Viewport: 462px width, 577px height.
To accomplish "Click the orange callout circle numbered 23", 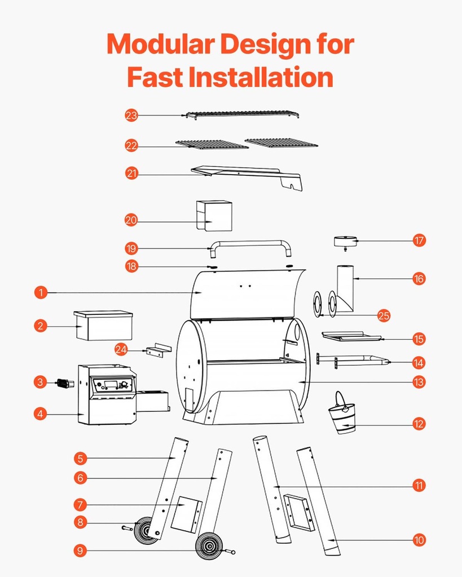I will point(131,116).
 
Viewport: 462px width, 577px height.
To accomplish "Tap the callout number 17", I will point(419,241).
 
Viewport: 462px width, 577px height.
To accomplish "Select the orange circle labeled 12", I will point(419,424).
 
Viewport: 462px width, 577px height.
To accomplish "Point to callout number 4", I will point(39,414).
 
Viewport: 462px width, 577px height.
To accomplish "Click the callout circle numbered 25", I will point(384,316).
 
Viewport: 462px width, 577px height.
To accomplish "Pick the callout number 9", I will point(81,551).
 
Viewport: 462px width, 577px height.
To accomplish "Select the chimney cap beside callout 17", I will point(345,242).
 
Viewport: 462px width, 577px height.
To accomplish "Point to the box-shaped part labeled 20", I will point(214,216).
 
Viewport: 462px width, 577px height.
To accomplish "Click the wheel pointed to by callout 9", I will point(209,545).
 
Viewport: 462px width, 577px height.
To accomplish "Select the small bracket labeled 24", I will point(157,350).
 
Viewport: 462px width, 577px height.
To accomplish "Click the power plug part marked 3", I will point(65,384).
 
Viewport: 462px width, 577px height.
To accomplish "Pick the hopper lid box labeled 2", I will point(103,325).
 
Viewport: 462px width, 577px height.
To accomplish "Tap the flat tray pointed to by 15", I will point(350,337).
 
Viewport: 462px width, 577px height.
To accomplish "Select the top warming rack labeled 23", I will point(243,114).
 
